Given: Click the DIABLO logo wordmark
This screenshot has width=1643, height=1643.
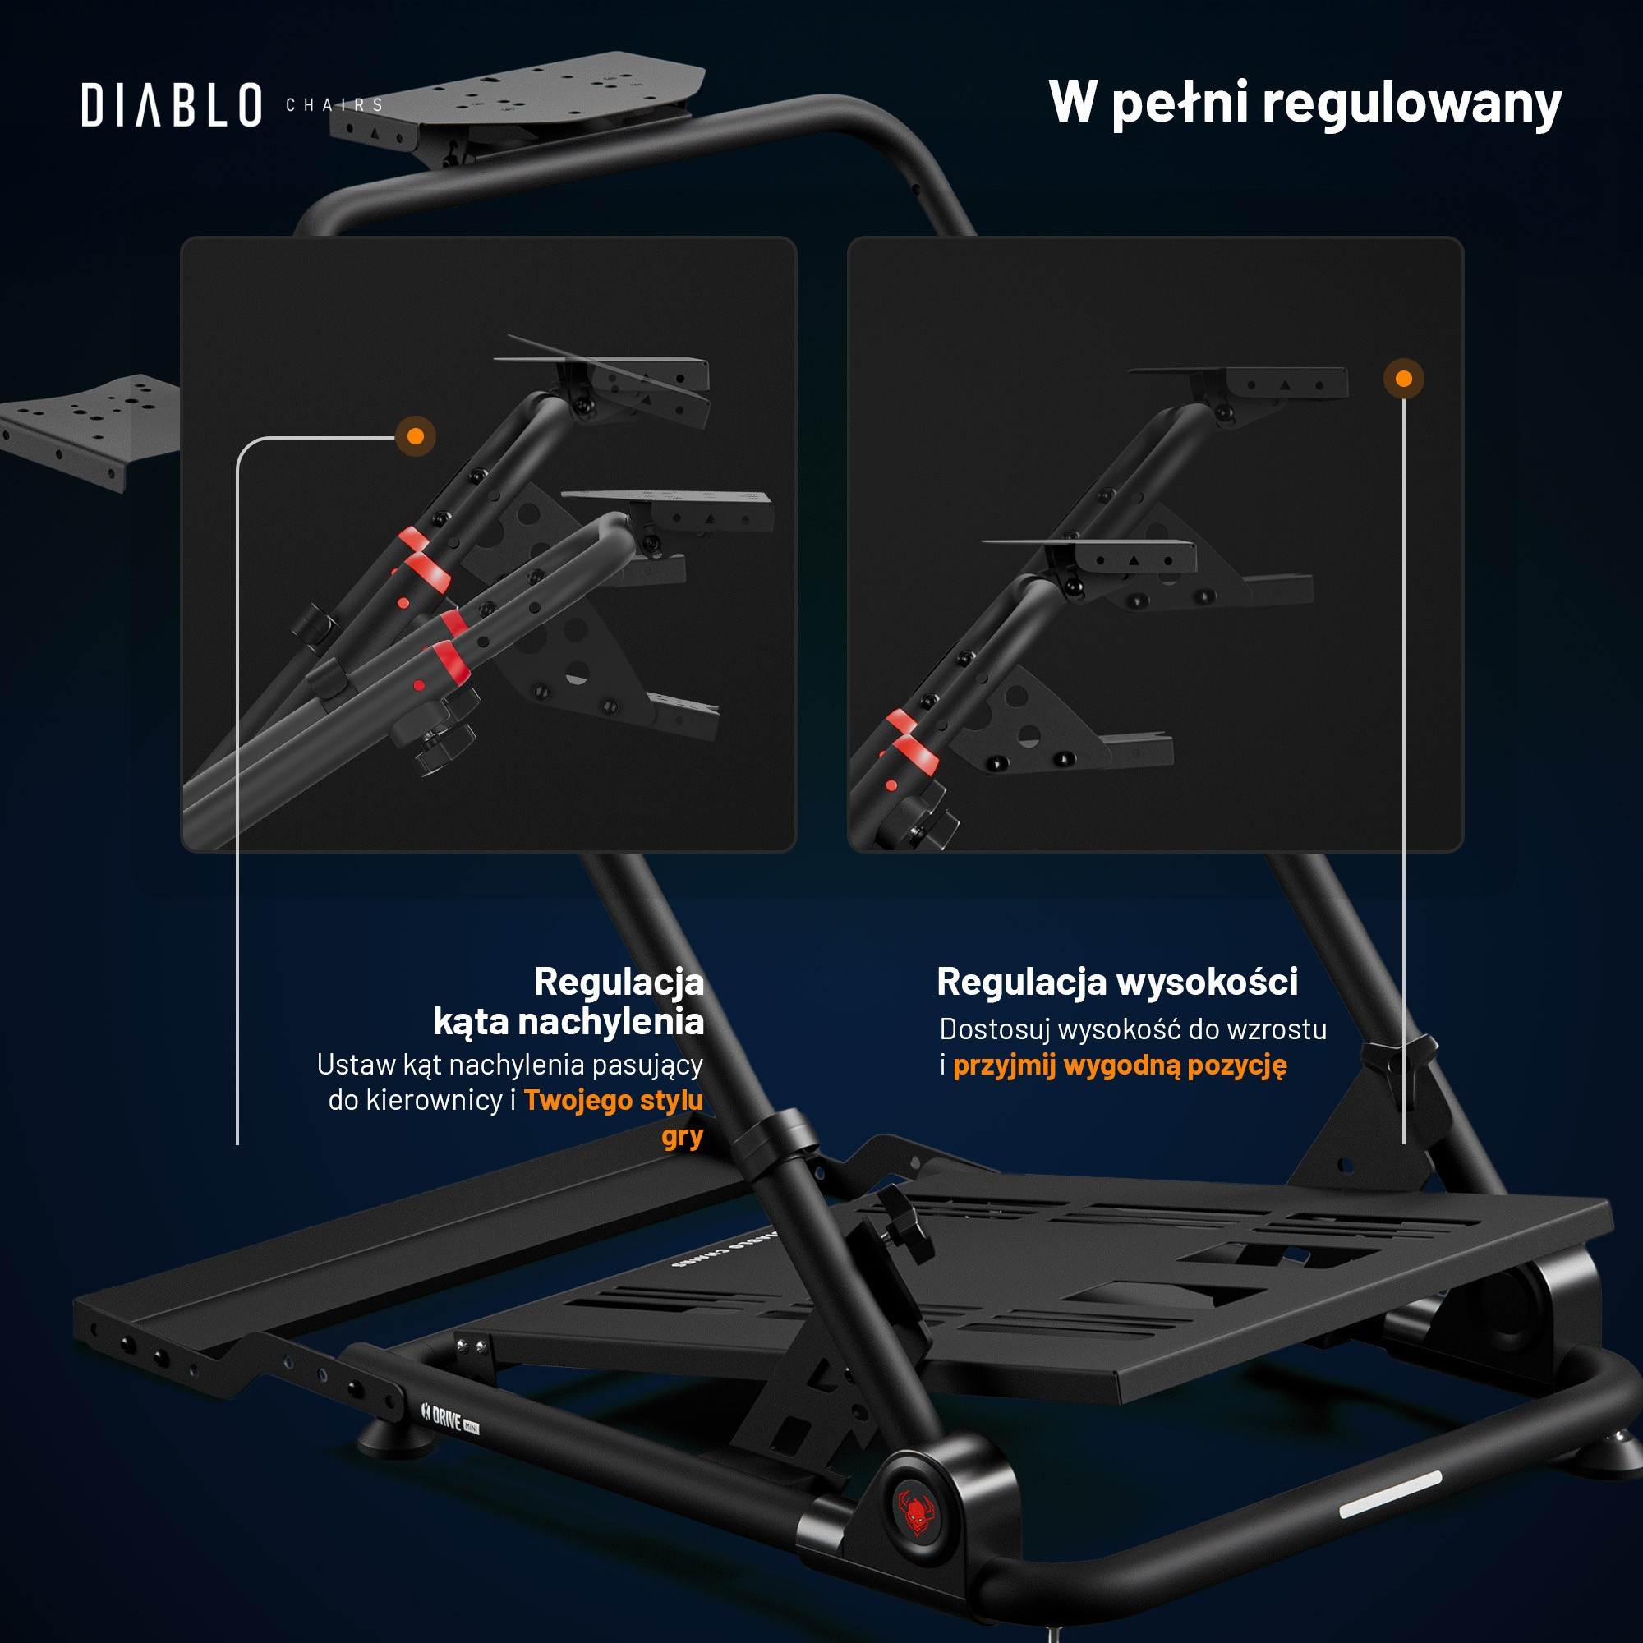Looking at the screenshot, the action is (x=172, y=105).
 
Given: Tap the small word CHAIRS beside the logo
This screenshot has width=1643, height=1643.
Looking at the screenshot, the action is (x=334, y=105).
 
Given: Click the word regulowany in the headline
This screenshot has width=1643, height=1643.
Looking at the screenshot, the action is (x=1411, y=104).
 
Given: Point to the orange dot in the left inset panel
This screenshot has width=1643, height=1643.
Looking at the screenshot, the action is (x=416, y=436).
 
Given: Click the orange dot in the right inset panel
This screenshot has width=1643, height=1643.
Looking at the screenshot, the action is (x=1404, y=379).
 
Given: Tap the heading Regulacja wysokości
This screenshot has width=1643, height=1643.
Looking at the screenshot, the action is (x=1117, y=982).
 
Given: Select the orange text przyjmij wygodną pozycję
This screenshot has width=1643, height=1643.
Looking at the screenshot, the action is (x=1120, y=1065).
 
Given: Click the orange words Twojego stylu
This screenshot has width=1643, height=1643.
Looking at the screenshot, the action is (x=613, y=1101).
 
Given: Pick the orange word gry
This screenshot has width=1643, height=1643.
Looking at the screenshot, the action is (x=683, y=1137).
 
